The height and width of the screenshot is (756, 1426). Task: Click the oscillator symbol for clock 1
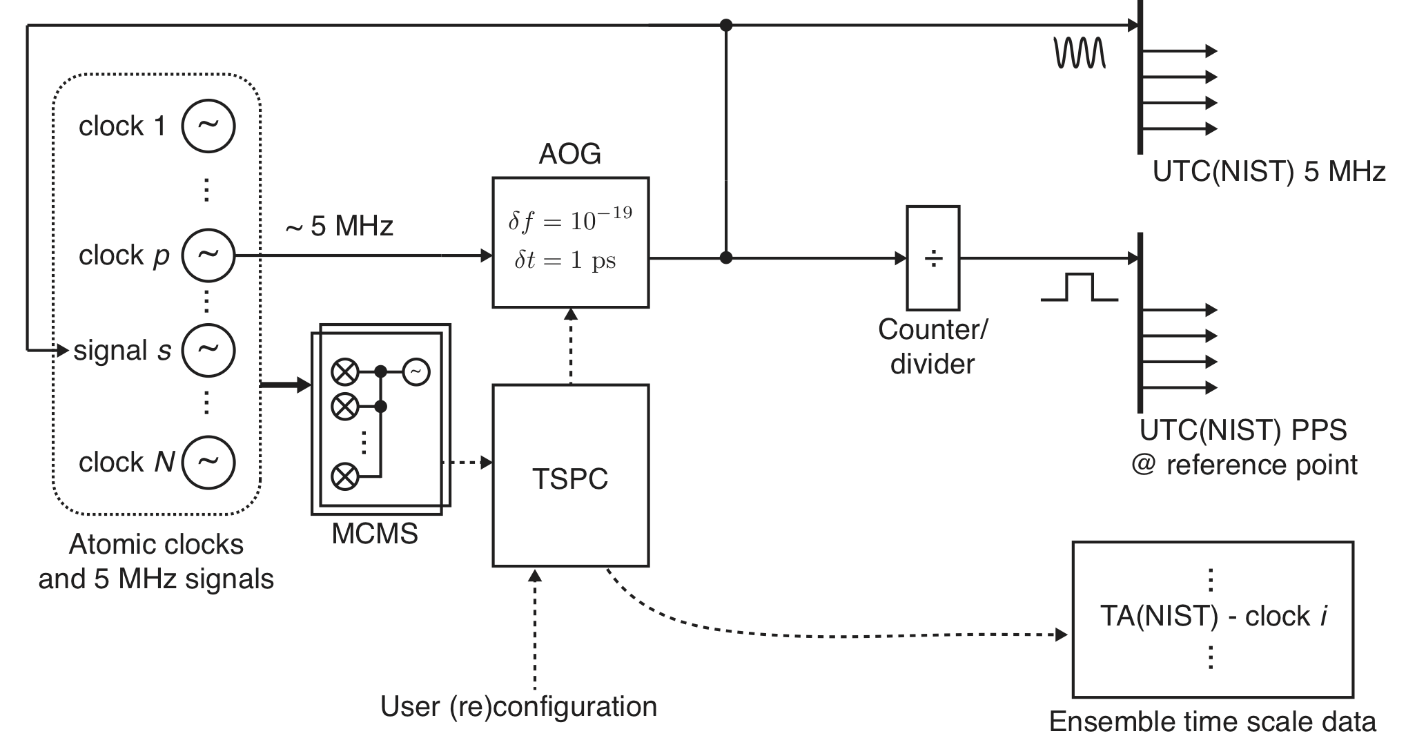click(x=208, y=126)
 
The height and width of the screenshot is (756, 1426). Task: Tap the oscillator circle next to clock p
click(x=208, y=255)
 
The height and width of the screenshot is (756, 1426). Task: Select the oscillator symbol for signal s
click(x=208, y=350)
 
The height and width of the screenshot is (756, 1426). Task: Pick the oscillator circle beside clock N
click(x=208, y=462)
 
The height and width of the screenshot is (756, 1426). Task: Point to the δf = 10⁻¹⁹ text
click(x=570, y=220)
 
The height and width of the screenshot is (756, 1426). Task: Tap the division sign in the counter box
click(x=932, y=259)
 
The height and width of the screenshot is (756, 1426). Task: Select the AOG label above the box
click(x=569, y=154)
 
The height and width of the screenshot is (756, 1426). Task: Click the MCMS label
click(x=375, y=534)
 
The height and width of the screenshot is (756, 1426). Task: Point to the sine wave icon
click(x=1080, y=52)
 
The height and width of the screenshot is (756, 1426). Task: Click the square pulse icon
click(x=1080, y=287)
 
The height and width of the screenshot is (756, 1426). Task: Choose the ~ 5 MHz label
click(x=339, y=226)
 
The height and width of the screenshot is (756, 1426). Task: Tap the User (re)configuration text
click(x=518, y=706)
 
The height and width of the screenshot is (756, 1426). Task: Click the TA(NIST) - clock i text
click(x=1213, y=616)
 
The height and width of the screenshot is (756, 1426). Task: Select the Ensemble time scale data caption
click(x=1212, y=721)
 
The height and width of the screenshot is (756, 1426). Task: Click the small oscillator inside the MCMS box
click(x=416, y=372)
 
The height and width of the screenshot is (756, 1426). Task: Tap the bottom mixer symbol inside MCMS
click(x=344, y=476)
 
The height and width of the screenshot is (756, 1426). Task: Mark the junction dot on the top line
click(x=725, y=26)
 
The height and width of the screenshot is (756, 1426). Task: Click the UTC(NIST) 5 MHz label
click(x=1269, y=171)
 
